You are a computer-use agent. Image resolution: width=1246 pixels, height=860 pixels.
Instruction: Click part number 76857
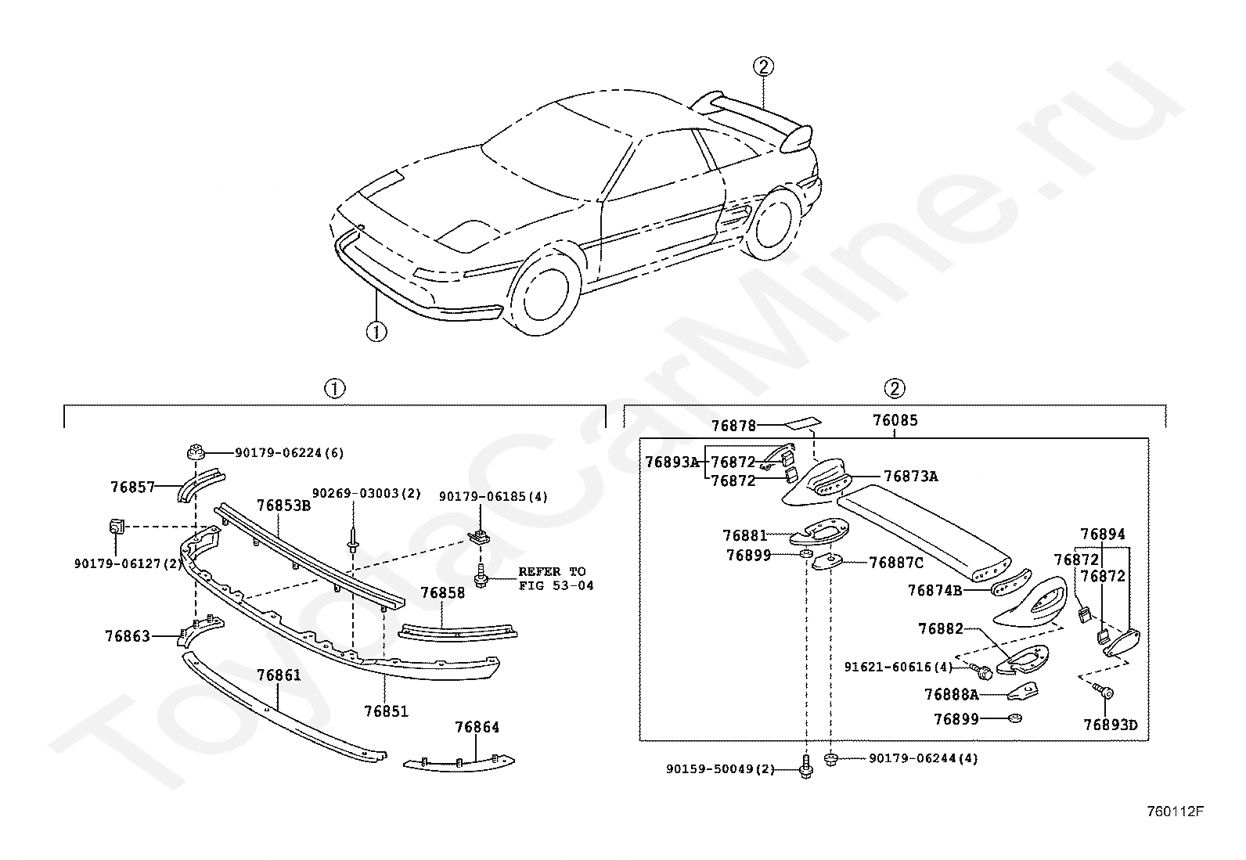pos(132,488)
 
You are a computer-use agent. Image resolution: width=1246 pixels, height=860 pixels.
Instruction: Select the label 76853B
pos(283,506)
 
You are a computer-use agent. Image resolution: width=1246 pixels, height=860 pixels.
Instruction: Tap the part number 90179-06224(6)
pos(290,453)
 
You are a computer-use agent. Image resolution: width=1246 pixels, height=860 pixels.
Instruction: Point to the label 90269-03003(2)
pos(366,494)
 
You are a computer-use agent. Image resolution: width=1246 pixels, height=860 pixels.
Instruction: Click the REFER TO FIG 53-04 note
pos(556,578)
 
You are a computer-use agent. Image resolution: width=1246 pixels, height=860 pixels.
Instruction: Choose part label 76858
pos(443,592)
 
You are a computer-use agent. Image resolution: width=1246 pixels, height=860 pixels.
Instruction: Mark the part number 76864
pos(477,727)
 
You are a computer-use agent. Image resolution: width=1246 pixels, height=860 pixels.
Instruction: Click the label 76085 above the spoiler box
pos(895,420)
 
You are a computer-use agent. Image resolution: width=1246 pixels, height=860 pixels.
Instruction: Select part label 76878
pos(734,426)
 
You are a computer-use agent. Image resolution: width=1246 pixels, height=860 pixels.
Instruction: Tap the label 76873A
pos(911,477)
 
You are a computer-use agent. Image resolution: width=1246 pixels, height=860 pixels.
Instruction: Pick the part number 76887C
pos(896,563)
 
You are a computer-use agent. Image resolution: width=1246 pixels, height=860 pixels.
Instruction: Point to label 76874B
pos(935,590)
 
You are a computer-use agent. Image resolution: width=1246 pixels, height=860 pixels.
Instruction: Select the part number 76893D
pos(1111,725)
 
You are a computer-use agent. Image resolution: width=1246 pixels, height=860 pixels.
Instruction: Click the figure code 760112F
pos(1175,811)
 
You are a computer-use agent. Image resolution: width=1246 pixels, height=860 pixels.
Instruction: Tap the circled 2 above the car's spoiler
pos(763,67)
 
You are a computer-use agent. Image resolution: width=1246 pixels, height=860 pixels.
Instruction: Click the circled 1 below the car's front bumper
pos(376,332)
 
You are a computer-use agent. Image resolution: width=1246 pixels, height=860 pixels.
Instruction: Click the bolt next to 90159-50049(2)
pos(806,767)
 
